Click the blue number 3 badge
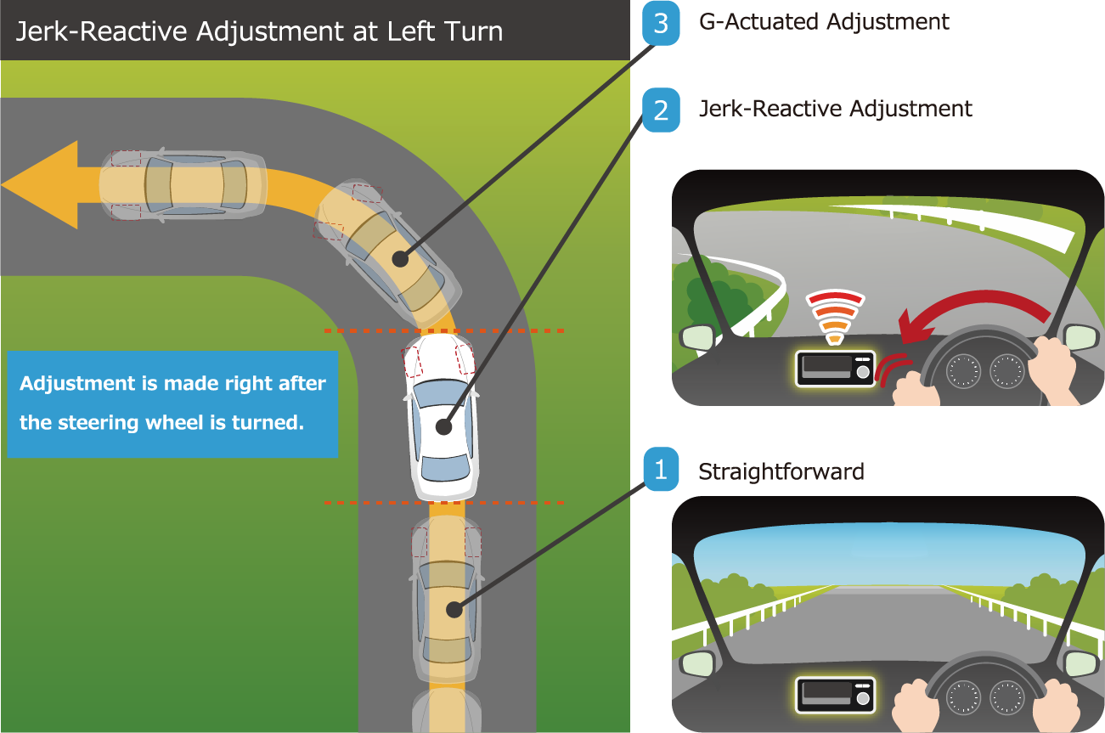(x=661, y=23)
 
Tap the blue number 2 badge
(x=661, y=110)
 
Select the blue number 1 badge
(x=661, y=469)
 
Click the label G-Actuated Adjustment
(x=824, y=22)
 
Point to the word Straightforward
(x=781, y=471)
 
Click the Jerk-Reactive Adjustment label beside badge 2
(x=835, y=109)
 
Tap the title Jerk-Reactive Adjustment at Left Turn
(x=259, y=31)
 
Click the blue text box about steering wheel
(x=172, y=403)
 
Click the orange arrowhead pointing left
(x=42, y=184)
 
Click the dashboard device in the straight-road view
(x=835, y=694)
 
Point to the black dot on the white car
(x=443, y=427)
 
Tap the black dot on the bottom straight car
(x=454, y=608)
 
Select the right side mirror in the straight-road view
(x=1080, y=663)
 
